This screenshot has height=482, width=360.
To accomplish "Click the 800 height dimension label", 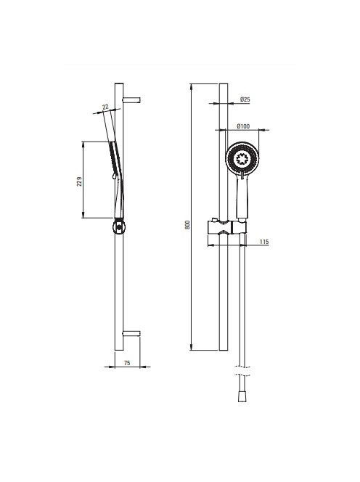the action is tap(188, 224).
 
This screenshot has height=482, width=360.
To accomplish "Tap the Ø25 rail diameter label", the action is tap(245, 99).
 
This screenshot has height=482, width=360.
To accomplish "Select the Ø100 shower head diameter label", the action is tap(243, 126).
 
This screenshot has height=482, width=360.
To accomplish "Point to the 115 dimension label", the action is tap(264, 242).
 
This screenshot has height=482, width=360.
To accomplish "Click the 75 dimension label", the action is tap(127, 363).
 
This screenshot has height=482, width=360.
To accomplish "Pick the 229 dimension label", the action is tap(79, 181).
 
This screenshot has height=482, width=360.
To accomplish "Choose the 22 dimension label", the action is tap(105, 107).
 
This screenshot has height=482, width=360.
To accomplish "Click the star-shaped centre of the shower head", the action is tap(242, 160).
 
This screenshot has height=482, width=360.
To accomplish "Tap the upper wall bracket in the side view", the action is tap(131, 100).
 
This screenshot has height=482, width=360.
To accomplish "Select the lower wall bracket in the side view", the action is tap(131, 333).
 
